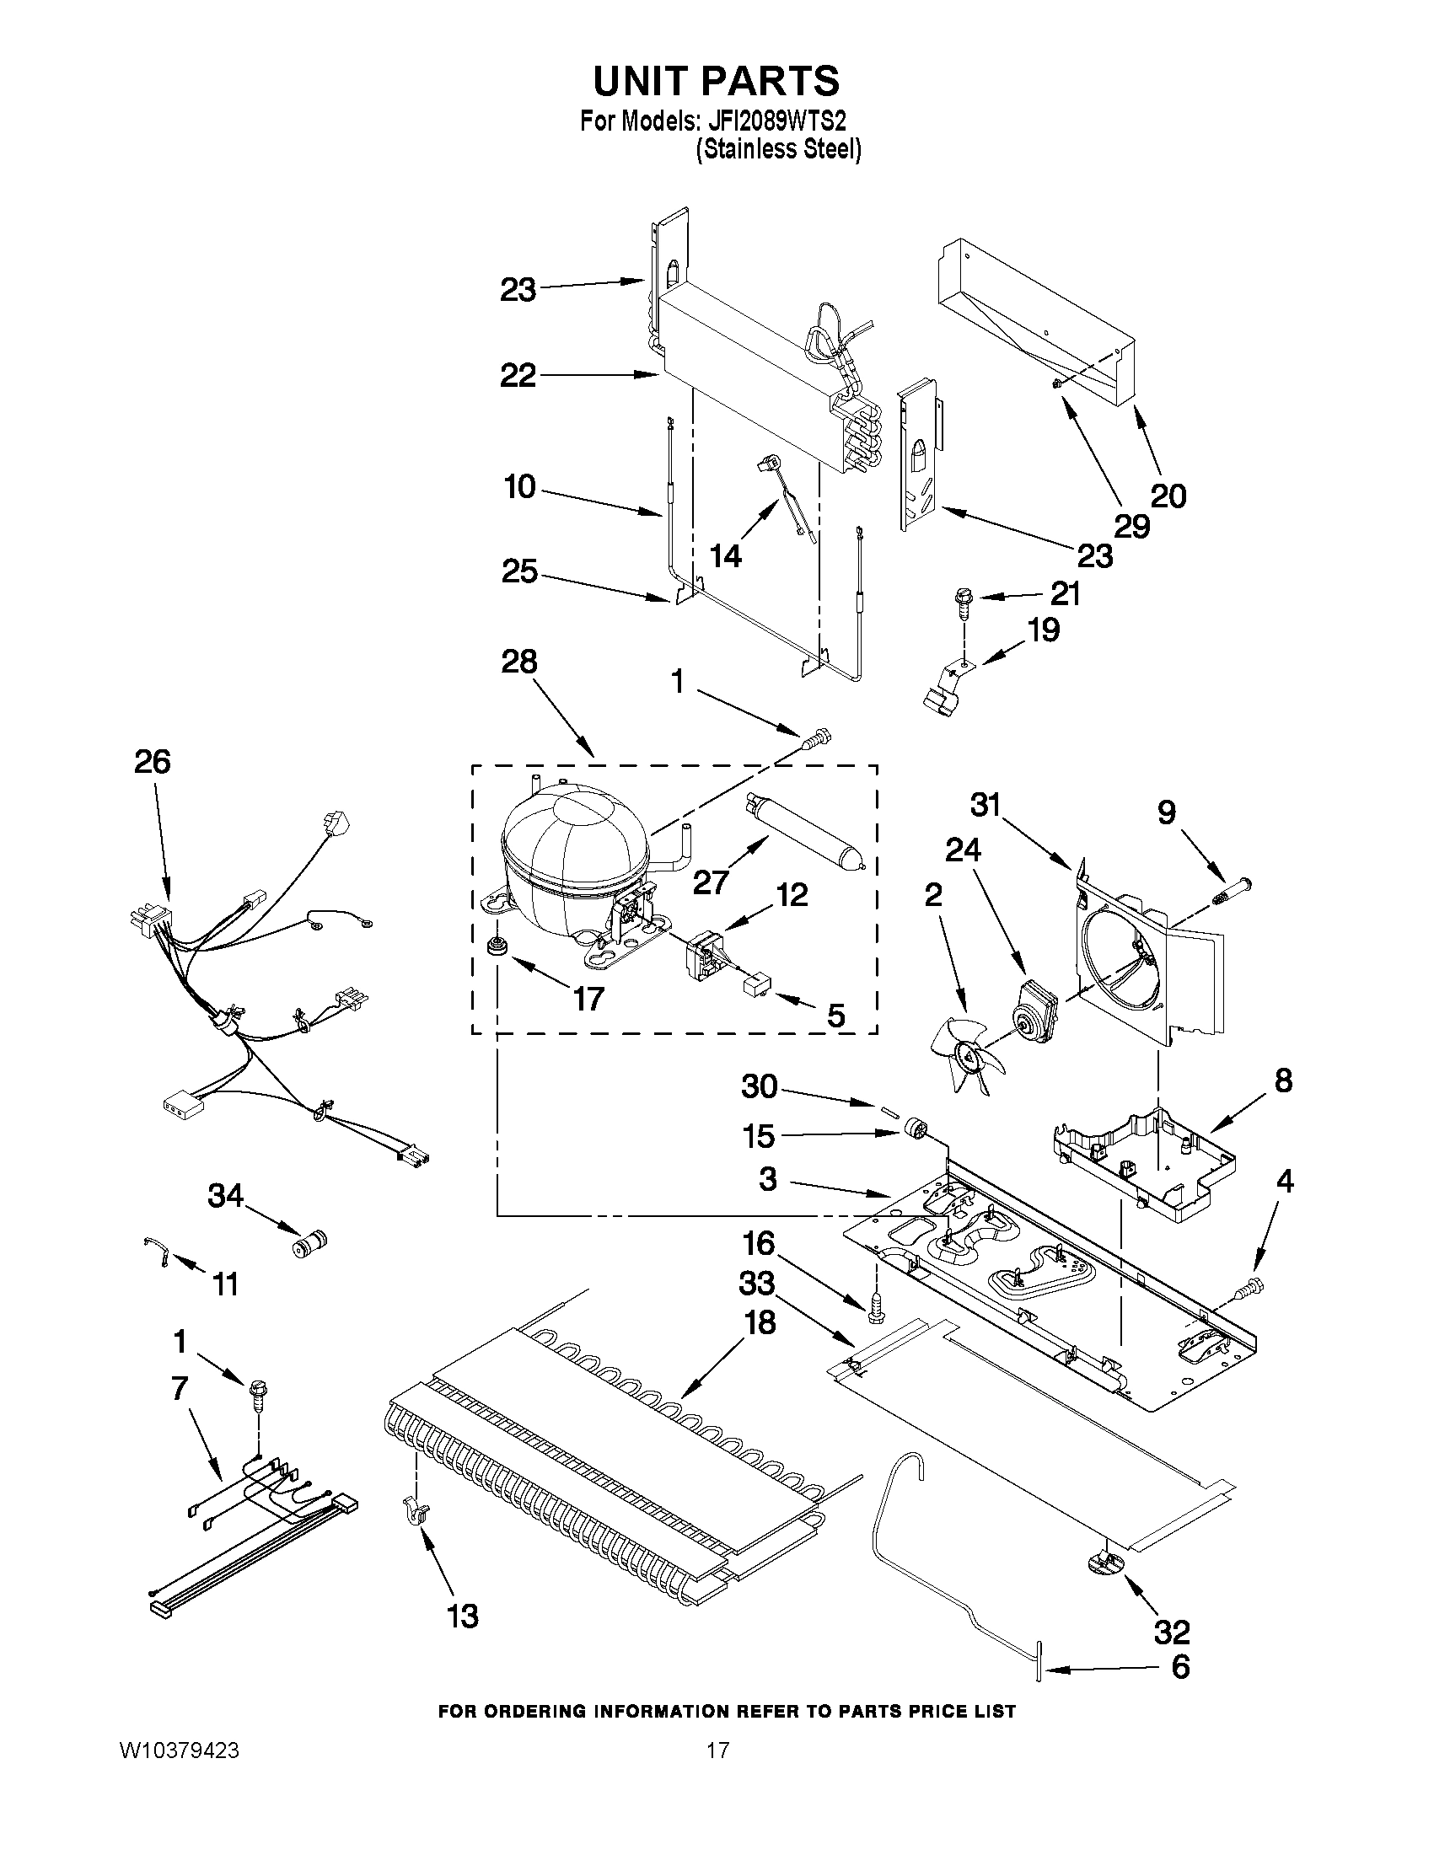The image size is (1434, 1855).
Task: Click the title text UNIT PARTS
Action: coord(715,81)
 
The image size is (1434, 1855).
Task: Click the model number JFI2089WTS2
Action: coord(775,121)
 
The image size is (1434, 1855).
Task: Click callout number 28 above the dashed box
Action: coord(519,661)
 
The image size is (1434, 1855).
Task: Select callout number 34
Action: coord(226,1196)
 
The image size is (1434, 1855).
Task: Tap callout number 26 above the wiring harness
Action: coord(153,761)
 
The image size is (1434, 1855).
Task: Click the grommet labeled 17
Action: coord(493,946)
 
